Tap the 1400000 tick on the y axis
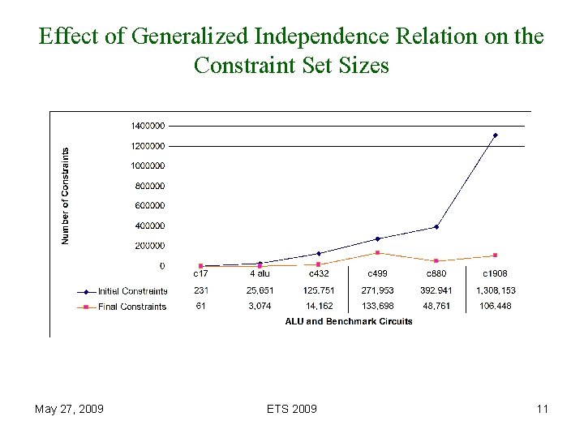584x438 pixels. [x=148, y=126]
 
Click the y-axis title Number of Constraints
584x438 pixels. [x=67, y=195]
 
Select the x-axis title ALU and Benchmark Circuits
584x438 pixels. [x=349, y=321]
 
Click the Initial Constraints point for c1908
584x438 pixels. [x=496, y=135]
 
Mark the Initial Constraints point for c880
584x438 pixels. [x=436, y=226]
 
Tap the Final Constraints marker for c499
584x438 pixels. [x=378, y=252]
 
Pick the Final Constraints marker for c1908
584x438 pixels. [x=496, y=255]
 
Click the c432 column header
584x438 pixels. [x=319, y=274]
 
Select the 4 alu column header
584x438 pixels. [x=260, y=274]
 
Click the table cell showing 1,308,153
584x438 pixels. [x=495, y=290]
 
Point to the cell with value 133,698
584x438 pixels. [x=377, y=307]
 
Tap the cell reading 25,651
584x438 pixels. [x=260, y=290]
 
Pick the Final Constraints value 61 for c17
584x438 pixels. [x=200, y=307]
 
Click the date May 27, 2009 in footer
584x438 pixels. [x=69, y=409]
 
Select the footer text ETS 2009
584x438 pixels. [x=291, y=409]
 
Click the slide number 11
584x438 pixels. [x=543, y=409]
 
